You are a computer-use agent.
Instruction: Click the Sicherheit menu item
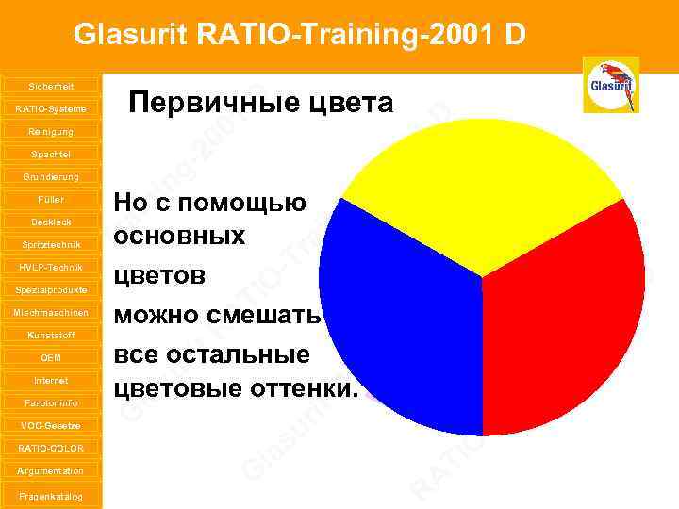[51, 86]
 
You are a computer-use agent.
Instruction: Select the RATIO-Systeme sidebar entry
[51, 109]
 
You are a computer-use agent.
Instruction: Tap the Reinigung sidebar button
[51, 132]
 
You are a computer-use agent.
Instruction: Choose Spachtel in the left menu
[51, 154]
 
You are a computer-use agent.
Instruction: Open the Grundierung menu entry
[51, 176]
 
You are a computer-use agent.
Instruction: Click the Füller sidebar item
[51, 200]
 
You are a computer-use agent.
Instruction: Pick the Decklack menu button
[51, 222]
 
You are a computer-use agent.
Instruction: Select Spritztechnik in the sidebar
[51, 245]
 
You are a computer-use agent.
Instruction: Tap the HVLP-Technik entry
[51, 267]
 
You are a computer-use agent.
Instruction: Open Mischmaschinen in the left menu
[51, 312]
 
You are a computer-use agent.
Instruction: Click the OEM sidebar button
[51, 358]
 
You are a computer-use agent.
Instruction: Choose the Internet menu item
[51, 380]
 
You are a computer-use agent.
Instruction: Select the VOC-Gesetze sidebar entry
[51, 425]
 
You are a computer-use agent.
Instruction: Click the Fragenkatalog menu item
[51, 496]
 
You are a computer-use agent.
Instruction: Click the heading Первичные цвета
[261, 102]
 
